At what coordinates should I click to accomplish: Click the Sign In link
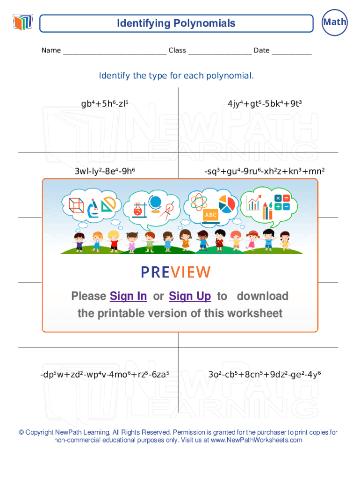pyautogui.click(x=128, y=296)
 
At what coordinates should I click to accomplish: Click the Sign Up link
pyautogui.click(x=190, y=296)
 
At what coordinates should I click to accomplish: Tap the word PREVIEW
pyautogui.click(x=176, y=272)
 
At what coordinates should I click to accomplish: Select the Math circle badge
pyautogui.click(x=335, y=22)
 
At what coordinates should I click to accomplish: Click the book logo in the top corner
pyautogui.click(x=22, y=22)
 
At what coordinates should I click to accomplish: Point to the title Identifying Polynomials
pyautogui.click(x=176, y=23)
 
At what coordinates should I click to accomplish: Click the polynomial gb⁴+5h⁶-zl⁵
pyautogui.click(x=105, y=104)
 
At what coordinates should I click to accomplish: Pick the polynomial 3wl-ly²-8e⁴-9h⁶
pyautogui.click(x=105, y=171)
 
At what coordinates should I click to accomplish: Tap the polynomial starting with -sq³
pyautogui.click(x=265, y=171)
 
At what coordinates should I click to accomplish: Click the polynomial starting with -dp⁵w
pyautogui.click(x=104, y=374)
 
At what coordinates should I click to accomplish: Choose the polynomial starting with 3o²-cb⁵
pyautogui.click(x=265, y=374)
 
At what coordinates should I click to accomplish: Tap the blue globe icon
pyautogui.click(x=154, y=203)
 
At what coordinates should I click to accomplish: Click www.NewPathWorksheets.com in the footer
pyautogui.click(x=257, y=440)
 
